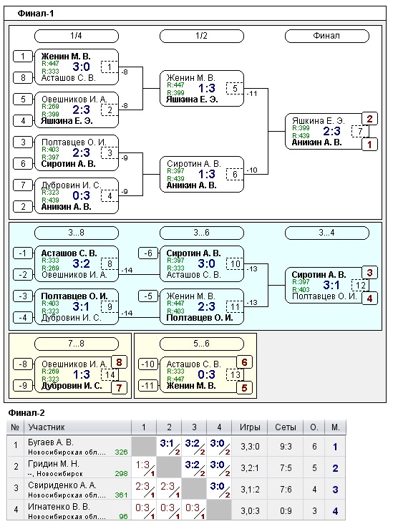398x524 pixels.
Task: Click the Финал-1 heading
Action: pyautogui.click(x=35, y=14)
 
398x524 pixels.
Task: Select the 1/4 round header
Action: pyautogui.click(x=77, y=36)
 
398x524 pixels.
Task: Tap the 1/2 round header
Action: pyautogui.click(x=202, y=36)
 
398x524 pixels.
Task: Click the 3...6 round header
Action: pyautogui.click(x=202, y=233)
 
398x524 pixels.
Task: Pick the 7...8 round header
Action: pyautogui.click(x=77, y=344)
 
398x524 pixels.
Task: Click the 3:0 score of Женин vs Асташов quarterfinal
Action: pyautogui.click(x=81, y=67)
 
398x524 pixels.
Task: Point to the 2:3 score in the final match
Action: pyautogui.click(x=331, y=131)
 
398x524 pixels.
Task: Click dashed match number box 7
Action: pyautogui.click(x=360, y=131)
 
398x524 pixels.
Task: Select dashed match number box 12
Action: pyautogui.click(x=360, y=285)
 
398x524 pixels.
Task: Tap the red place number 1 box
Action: pyautogui.click(x=369, y=145)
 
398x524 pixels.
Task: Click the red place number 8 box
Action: pyautogui.click(x=119, y=362)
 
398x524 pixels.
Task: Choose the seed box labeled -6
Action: pyautogui.click(x=148, y=253)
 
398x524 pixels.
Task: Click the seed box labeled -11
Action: pyautogui.click(x=148, y=386)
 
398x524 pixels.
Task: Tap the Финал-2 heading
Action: pyautogui.click(x=26, y=413)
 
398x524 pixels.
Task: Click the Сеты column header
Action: pyautogui.click(x=286, y=427)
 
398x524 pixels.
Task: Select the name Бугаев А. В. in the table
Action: pyautogui.click(x=50, y=442)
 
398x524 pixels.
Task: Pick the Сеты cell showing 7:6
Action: pyautogui.click(x=286, y=490)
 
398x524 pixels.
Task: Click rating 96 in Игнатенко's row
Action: pyautogui.click(x=123, y=516)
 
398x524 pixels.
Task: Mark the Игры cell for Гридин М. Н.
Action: pyautogui.click(x=251, y=468)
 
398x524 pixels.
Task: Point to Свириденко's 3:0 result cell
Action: pyautogui.click(x=219, y=490)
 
